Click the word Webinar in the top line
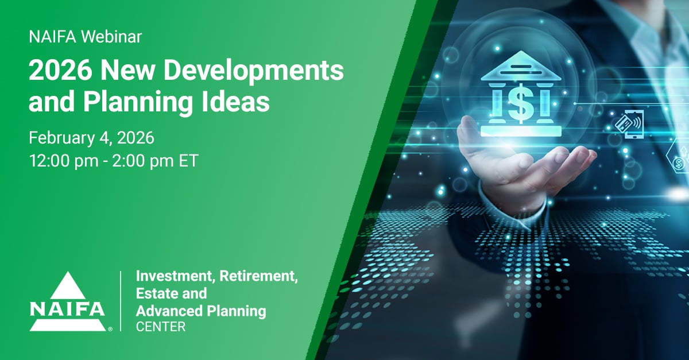(112, 38)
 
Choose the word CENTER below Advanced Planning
(160, 327)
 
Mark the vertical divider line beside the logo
(121, 301)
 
